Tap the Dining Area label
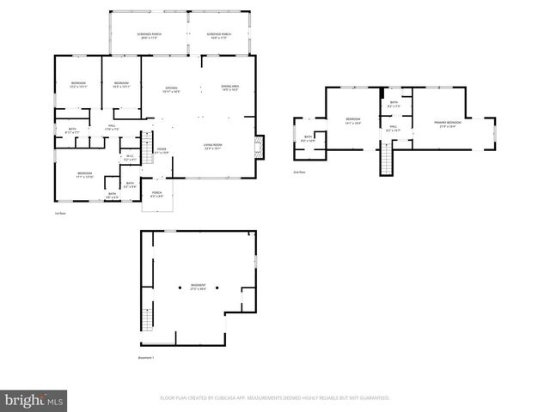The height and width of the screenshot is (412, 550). [x=229, y=88]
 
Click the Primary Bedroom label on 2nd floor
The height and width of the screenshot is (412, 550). [x=448, y=124]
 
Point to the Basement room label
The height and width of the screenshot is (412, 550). [x=199, y=288]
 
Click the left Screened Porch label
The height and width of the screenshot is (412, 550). [x=149, y=36]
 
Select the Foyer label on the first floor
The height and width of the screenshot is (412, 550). [x=161, y=150]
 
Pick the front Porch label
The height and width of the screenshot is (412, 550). [x=156, y=194]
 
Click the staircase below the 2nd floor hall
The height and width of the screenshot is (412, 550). [x=386, y=159]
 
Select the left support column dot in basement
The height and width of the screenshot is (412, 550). [x=180, y=287]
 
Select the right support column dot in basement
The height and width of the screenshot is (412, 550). [x=217, y=287]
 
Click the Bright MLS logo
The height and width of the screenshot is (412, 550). [x=34, y=400]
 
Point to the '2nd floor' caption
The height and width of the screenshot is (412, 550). [x=298, y=173]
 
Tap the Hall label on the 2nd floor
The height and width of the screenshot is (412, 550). [x=393, y=128]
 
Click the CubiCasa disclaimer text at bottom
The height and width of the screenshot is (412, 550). [x=275, y=398]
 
